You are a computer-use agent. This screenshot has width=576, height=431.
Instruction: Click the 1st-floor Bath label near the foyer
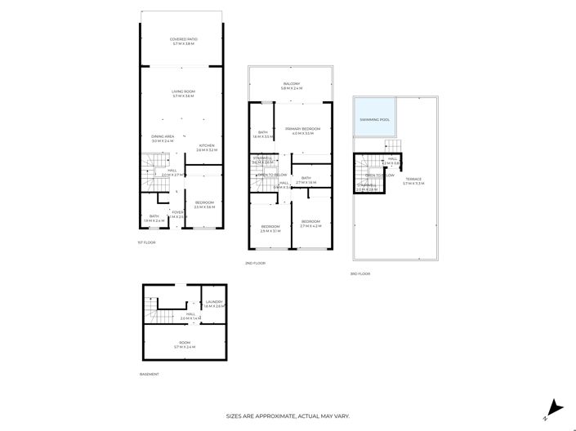154,218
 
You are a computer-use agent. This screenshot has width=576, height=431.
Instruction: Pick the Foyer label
176,214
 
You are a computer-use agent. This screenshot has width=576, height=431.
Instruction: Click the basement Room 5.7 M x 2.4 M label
185,344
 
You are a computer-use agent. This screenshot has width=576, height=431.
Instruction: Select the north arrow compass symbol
555,406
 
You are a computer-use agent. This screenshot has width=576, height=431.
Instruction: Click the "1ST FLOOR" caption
146,242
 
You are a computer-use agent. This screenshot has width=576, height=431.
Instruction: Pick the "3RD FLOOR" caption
360,273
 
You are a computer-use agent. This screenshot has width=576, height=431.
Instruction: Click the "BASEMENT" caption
149,374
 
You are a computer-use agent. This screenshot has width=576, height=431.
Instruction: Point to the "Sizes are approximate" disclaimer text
288,416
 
